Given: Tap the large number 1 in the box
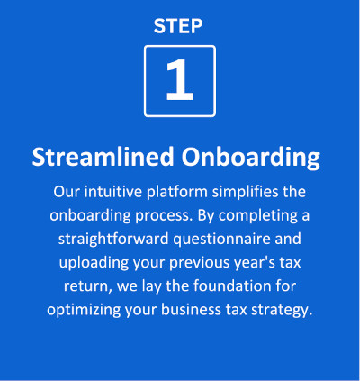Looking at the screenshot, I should pyautogui.click(x=179, y=81).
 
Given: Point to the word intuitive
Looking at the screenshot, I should pyautogui.click(x=112, y=192).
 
